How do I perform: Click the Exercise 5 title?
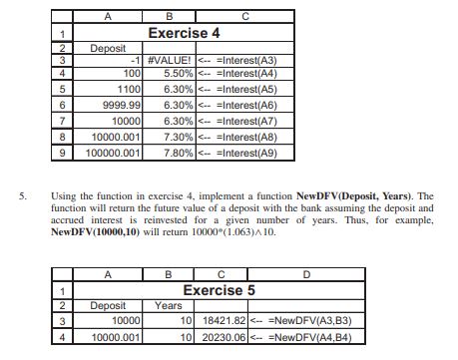click(x=221, y=289)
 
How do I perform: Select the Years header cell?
click(x=171, y=306)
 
